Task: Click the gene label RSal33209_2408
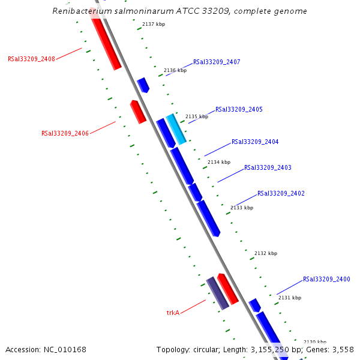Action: pos(31,59)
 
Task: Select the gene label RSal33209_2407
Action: pos(217,62)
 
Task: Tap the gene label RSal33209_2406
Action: pos(65,133)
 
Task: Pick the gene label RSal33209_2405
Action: pos(239,110)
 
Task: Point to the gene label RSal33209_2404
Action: pos(255,142)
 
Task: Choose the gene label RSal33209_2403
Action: pos(268,168)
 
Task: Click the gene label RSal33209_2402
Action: pos(281,194)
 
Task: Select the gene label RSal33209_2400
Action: pos(326,280)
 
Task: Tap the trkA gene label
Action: pos(173,313)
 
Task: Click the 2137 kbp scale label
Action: pos(154,25)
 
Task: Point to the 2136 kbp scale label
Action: pos(175,71)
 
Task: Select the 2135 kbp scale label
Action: pos(197,117)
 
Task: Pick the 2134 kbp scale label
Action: pos(219,162)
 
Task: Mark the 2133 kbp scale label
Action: pos(242,208)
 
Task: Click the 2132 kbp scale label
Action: pos(266,254)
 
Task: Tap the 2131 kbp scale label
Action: pos(290,298)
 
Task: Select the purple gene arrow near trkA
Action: pos(217,293)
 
